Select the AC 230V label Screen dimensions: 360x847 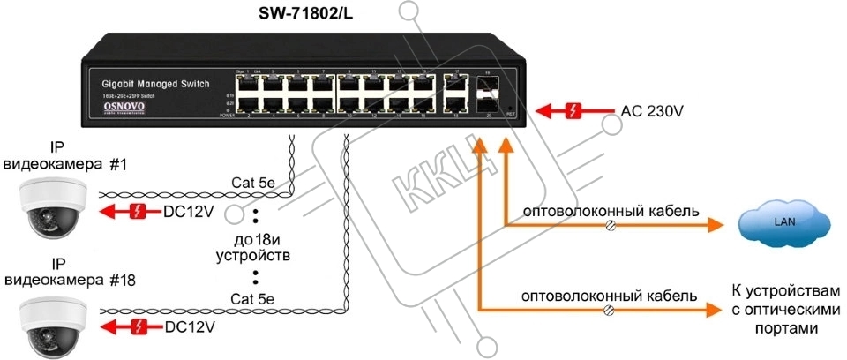point(653,111)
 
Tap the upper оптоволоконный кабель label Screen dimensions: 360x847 point(611,212)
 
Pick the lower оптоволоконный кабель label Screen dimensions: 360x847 point(611,296)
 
